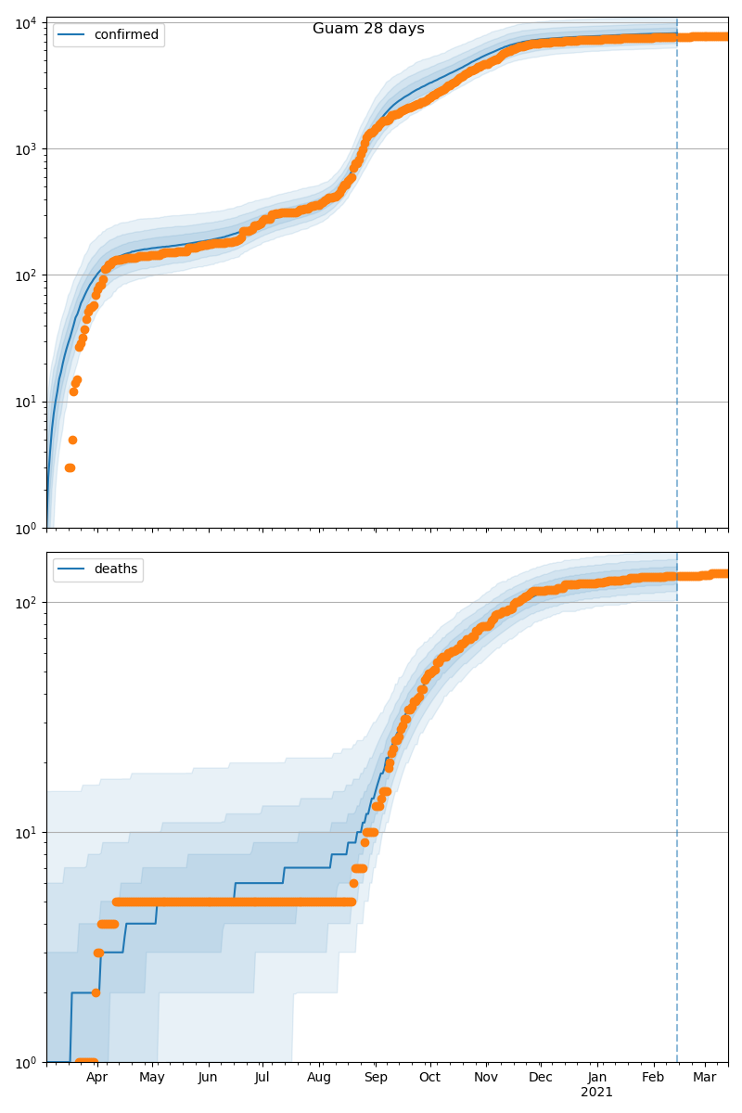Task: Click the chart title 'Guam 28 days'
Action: point(368,29)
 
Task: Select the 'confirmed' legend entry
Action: point(126,35)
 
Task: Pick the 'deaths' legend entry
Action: point(116,569)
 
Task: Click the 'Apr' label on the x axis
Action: point(96,1078)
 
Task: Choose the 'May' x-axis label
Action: point(152,1078)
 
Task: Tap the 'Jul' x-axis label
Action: point(262,1078)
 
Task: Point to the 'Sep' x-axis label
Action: point(376,1078)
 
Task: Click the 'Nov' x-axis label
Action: point(486,1078)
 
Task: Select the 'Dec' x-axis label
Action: point(541,1078)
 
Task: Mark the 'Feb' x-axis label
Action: point(654,1078)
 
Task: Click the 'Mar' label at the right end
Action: point(705,1078)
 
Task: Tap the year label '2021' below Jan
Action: point(596,1093)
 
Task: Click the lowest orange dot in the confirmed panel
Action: point(70,467)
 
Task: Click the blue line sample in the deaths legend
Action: point(72,569)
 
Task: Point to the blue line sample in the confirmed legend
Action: point(72,35)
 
